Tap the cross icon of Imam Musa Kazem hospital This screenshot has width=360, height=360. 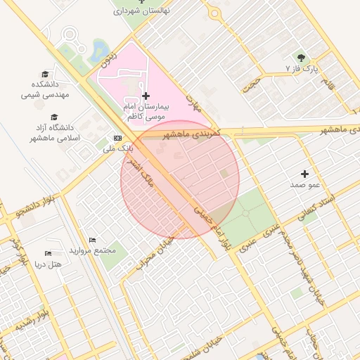[146, 95]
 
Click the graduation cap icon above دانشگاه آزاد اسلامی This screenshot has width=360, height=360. [54, 117]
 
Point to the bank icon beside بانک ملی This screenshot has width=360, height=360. [117, 138]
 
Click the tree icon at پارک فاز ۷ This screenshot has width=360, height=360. [302, 57]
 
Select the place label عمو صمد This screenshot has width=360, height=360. [304, 184]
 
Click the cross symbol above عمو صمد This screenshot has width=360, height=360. [304, 173]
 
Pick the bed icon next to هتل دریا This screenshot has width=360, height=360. [48, 253]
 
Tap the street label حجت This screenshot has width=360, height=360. [250, 85]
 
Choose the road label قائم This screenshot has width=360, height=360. [327, 89]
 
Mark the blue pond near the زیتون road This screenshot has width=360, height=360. [101, 49]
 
